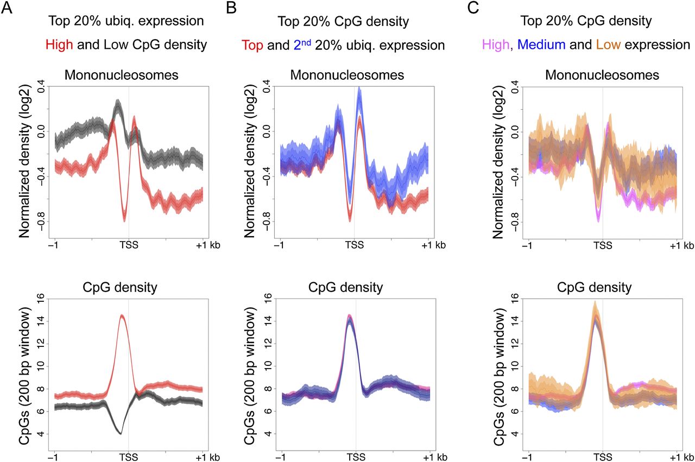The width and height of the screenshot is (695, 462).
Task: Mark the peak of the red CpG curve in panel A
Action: (122, 315)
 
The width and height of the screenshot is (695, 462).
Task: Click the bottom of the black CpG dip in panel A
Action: (121, 433)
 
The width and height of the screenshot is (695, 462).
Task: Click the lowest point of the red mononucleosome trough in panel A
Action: (124, 219)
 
